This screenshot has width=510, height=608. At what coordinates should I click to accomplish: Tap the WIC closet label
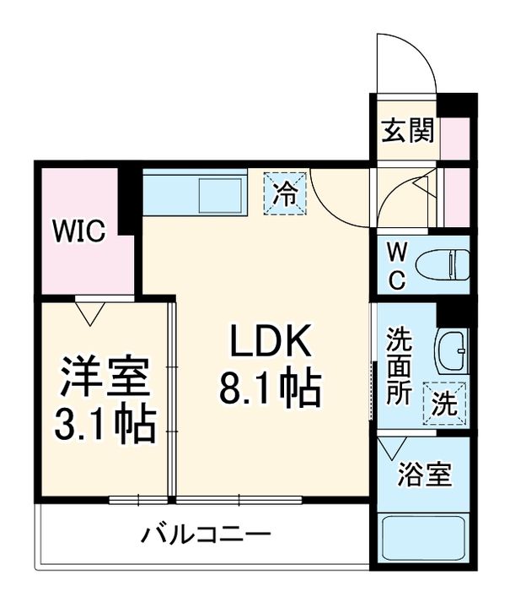pyautogui.click(x=80, y=230)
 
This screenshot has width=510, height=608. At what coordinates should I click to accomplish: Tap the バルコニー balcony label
pyautogui.click(x=207, y=535)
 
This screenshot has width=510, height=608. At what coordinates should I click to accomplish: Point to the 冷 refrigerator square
pyautogui.click(x=285, y=193)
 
